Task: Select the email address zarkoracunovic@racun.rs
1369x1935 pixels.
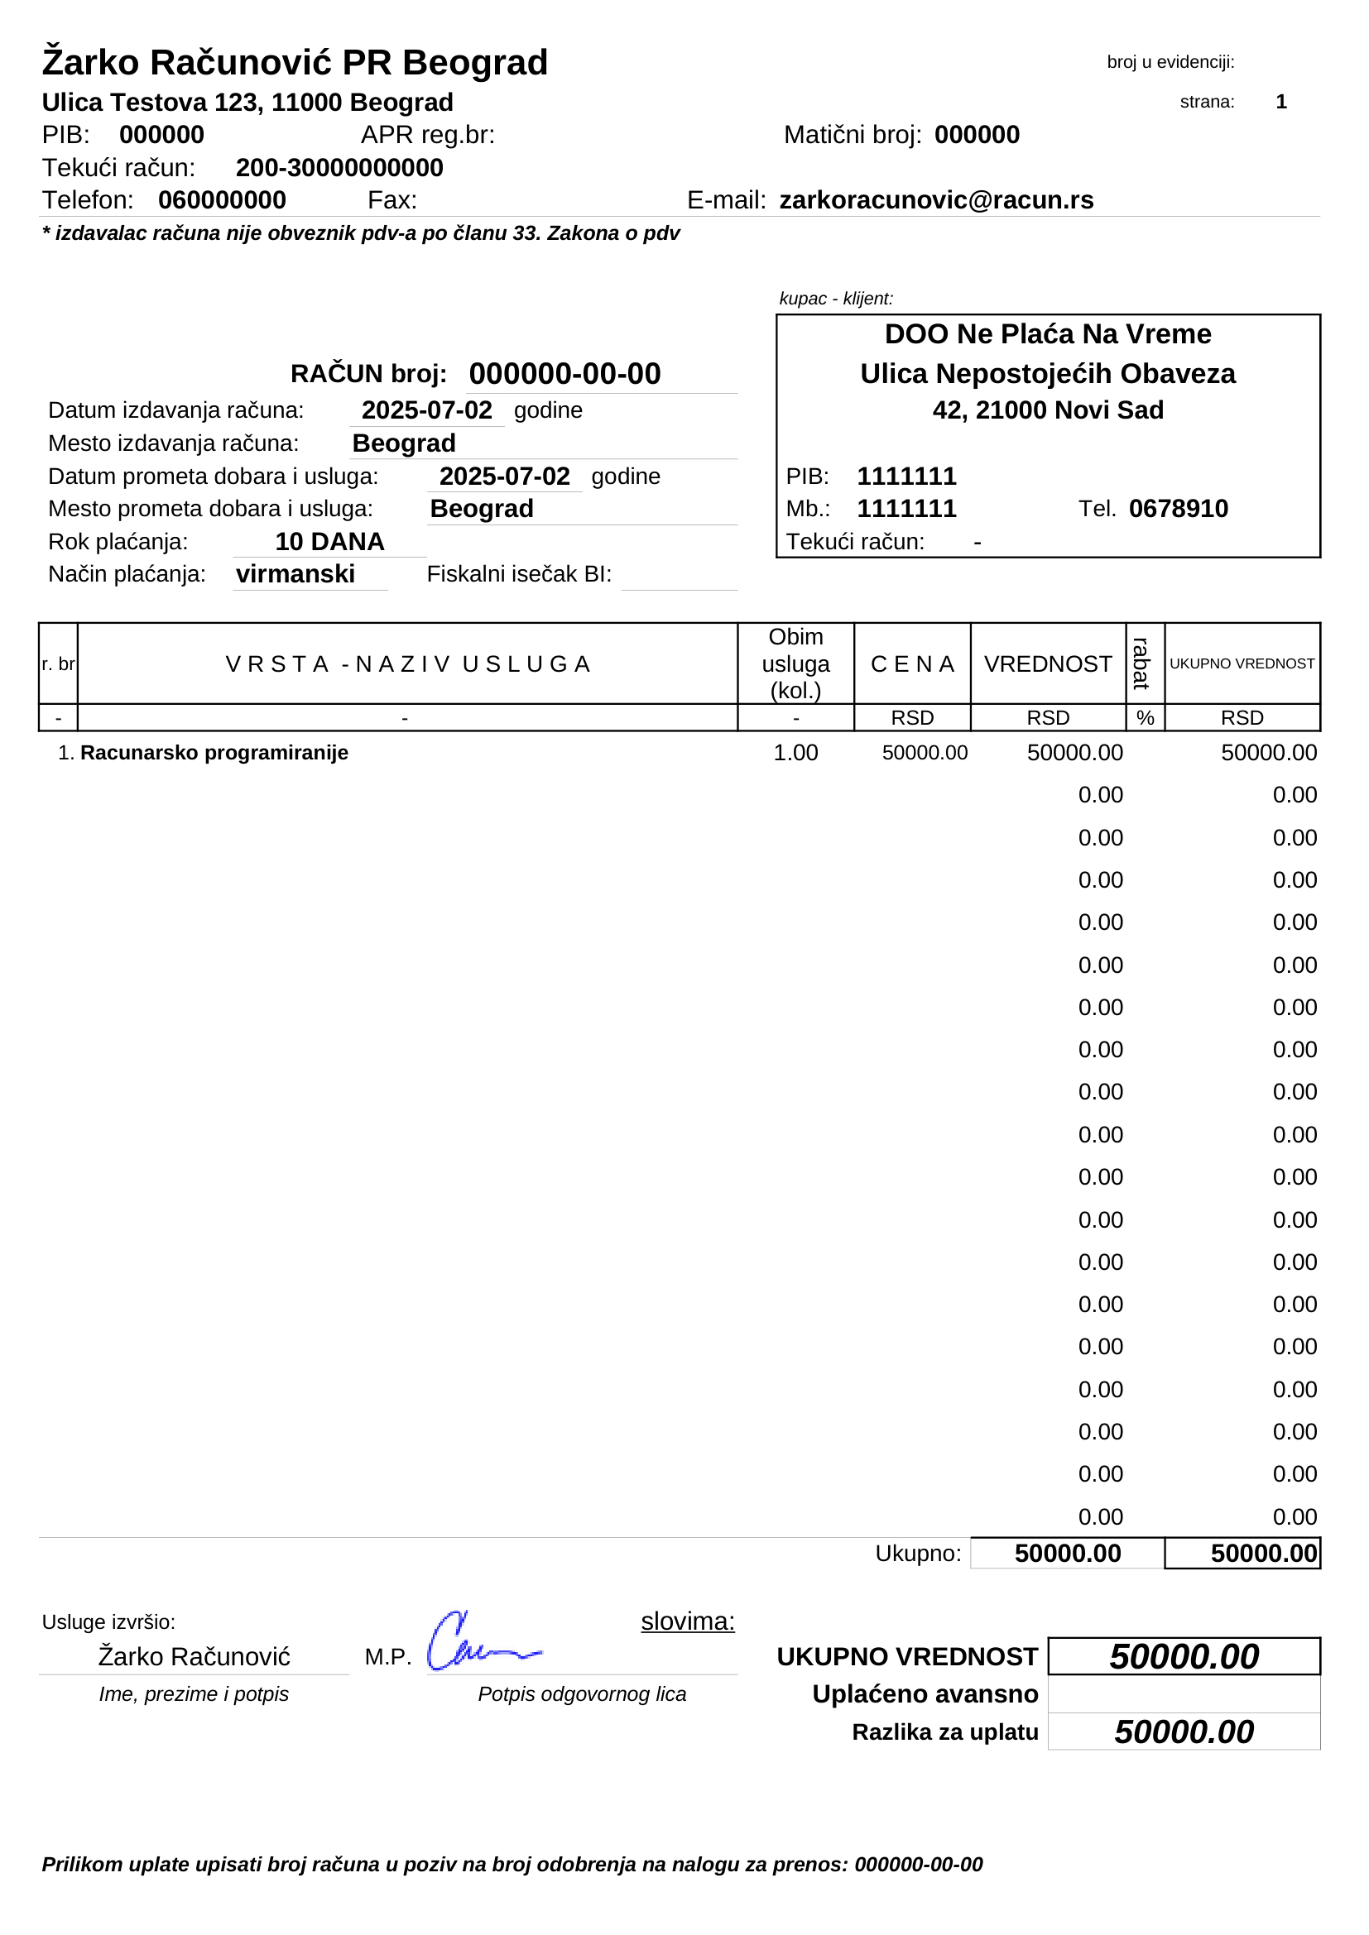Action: point(936,200)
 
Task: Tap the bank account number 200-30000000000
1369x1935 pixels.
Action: point(339,168)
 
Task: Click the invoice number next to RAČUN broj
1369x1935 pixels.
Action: point(564,373)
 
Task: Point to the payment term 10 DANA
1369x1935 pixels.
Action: point(329,542)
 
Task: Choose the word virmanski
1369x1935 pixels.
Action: point(295,575)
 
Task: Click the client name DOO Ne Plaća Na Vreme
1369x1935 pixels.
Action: point(1047,334)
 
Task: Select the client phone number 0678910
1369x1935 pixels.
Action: point(1178,509)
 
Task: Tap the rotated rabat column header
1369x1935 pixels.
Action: point(1143,663)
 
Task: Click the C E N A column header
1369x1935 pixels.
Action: point(912,664)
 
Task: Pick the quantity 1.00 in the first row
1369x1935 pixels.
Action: point(795,753)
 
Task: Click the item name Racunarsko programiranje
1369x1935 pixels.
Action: point(214,753)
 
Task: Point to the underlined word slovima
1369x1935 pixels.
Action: point(687,1621)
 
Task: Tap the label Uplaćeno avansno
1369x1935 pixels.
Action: point(925,1694)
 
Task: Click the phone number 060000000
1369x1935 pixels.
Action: point(222,200)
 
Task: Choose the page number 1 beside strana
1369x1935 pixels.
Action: point(1280,102)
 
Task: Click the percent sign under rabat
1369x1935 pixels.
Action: point(1145,718)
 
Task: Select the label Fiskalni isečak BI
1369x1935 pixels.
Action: point(518,575)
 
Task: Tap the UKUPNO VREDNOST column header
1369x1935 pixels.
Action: point(1241,664)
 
